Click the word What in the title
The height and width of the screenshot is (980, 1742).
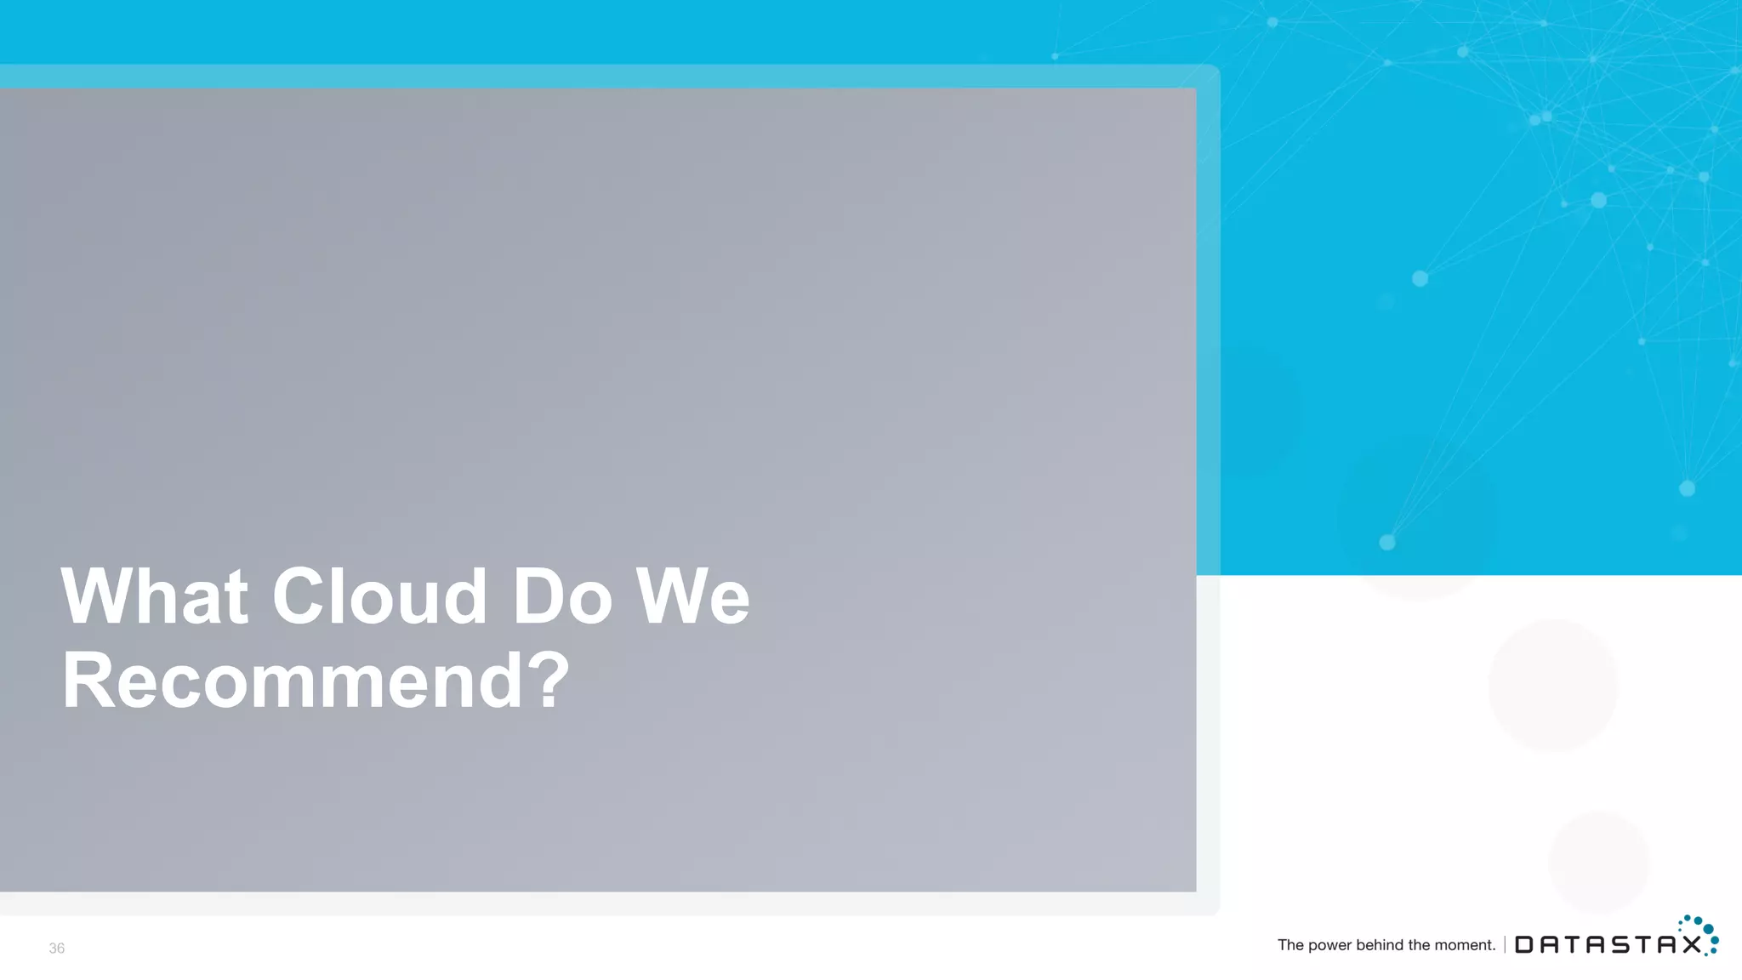[154, 596]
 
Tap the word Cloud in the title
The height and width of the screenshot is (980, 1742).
[379, 596]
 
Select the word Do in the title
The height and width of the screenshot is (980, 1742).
[561, 596]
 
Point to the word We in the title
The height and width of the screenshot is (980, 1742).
[693, 596]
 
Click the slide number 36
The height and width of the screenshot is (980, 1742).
[56, 948]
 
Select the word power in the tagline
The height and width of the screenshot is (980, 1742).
[1329, 945]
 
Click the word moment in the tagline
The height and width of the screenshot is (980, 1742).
[1466, 945]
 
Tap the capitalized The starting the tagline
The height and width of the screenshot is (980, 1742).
[1290, 944]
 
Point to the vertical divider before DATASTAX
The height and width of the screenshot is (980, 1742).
[1505, 944]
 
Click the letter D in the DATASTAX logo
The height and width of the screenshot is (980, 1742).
[1524, 945]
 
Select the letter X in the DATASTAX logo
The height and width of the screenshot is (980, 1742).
[1691, 945]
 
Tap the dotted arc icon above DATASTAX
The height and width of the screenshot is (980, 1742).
[1701, 932]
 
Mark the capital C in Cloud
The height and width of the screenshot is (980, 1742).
[299, 596]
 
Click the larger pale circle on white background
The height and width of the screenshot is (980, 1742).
[1552, 685]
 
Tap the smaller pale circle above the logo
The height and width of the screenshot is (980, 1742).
[1598, 862]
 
